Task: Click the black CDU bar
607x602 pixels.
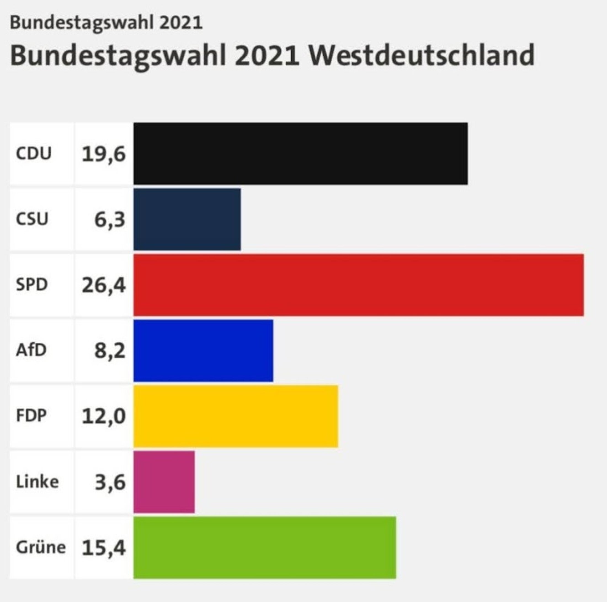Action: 300,154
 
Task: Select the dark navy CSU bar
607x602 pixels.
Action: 187,219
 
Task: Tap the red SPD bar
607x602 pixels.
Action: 358,285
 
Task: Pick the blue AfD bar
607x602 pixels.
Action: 203,351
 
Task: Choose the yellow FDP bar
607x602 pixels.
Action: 236,416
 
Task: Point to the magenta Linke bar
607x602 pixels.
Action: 164,482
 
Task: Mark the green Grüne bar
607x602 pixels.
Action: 265,548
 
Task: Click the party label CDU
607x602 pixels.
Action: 33,154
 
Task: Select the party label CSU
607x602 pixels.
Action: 32,219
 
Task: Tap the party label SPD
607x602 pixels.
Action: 32,285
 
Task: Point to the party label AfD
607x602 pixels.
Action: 31,350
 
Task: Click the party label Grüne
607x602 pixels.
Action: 41,548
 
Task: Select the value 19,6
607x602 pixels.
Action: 104,154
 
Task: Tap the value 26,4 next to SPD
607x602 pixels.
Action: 104,286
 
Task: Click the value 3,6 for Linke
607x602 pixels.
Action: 110,483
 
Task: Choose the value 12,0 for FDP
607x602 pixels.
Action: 104,417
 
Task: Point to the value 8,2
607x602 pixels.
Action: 110,351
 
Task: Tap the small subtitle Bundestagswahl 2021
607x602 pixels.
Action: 106,23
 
